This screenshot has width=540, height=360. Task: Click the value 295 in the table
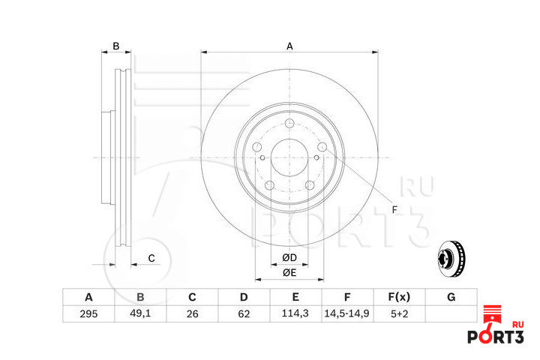[88, 313]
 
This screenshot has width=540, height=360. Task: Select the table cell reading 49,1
[140, 313]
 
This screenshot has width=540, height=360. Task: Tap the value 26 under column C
[192, 313]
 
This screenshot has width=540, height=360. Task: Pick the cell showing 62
[244, 313]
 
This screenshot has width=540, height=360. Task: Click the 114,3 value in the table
[295, 313]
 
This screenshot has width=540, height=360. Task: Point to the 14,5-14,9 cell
[347, 313]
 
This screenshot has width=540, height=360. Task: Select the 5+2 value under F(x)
[400, 313]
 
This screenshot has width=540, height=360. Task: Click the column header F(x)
[399, 297]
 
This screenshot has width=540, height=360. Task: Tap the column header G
[451, 297]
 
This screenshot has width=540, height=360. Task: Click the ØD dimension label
[289, 258]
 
